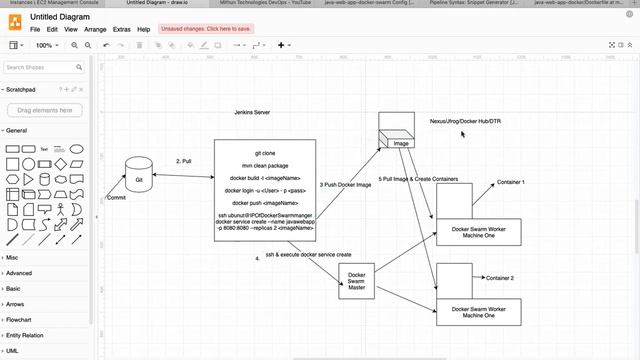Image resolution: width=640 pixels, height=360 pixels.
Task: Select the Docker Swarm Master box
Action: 356,281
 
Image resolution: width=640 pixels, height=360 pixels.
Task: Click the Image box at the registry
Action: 400,143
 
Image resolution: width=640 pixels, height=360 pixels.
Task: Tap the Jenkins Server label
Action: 252,113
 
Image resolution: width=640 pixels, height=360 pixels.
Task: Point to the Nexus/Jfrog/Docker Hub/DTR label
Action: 465,121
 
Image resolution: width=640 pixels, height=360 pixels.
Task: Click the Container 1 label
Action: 510,182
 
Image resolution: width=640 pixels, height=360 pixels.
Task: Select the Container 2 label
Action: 499,277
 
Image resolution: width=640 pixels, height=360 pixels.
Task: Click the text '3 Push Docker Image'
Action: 345,185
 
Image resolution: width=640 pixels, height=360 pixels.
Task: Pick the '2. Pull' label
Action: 183,161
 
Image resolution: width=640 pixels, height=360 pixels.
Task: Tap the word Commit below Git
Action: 116,198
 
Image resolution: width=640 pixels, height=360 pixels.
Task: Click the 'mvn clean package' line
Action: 265,165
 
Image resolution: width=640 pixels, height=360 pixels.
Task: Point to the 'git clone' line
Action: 265,153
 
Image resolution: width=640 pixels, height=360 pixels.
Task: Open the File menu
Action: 35,30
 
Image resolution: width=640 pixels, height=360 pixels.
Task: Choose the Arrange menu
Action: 96,30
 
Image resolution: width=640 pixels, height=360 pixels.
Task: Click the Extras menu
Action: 122,30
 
